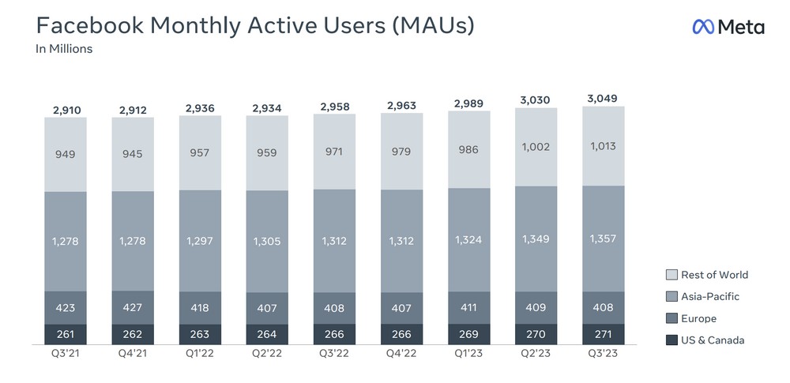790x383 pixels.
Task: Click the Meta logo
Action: [728, 27]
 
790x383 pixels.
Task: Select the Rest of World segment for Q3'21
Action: [66, 154]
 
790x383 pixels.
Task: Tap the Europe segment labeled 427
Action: [133, 306]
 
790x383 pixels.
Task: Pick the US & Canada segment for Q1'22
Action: [200, 333]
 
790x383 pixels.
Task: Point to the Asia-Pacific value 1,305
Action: [267, 241]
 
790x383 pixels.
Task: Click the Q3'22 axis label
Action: [334, 354]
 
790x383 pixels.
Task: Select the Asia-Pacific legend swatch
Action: [671, 297]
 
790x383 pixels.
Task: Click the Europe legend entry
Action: [698, 318]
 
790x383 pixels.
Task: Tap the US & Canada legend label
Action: [712, 340]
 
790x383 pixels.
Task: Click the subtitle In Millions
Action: [64, 49]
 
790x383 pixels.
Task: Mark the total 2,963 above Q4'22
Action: [401, 105]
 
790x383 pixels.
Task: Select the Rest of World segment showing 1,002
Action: [536, 147]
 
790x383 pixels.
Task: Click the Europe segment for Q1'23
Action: [469, 306]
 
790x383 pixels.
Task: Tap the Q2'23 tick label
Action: [536, 354]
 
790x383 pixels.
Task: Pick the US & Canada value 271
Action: [604, 333]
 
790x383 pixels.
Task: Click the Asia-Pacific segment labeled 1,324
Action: [469, 239]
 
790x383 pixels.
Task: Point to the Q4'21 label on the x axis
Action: [133, 354]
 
